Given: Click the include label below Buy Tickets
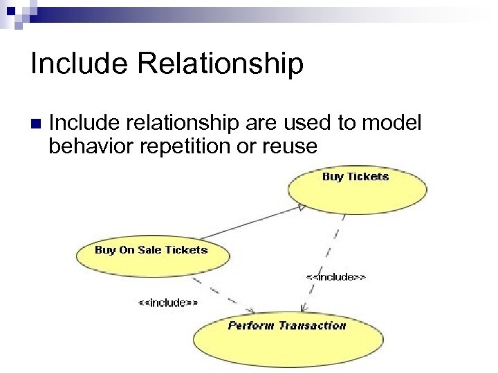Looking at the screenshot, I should click(336, 276).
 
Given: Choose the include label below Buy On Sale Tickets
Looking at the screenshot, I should click(168, 303).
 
